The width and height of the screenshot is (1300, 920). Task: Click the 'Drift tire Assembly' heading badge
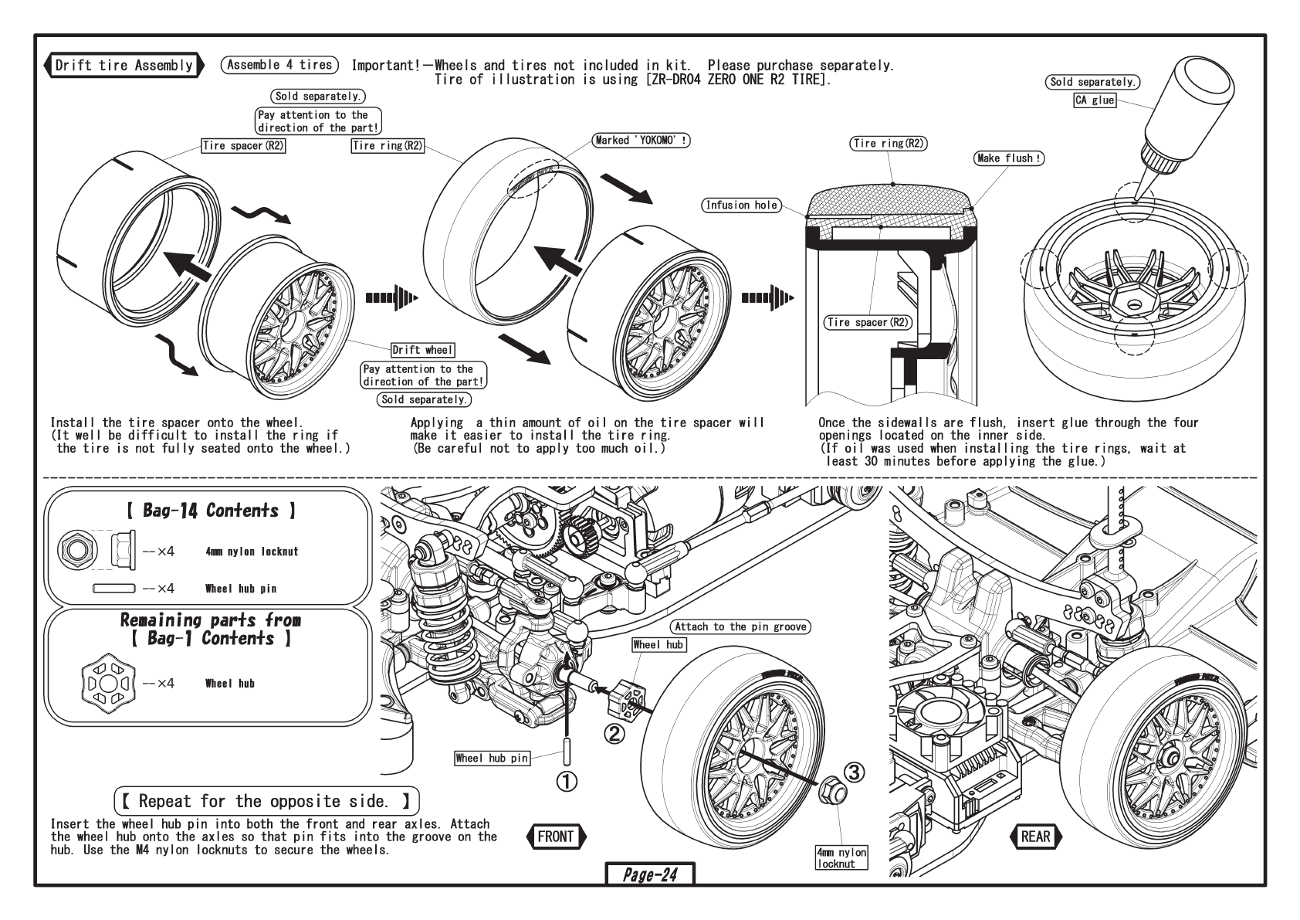tap(124, 65)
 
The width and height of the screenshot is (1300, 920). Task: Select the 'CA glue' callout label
tap(1095, 100)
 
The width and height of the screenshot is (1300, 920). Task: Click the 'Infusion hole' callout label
tap(741, 205)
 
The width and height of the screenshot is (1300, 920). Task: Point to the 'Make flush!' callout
tap(1010, 158)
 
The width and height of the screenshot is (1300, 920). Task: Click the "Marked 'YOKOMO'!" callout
tap(642, 141)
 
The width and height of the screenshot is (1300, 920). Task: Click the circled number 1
tap(567, 782)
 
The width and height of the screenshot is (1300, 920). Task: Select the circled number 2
tap(614, 733)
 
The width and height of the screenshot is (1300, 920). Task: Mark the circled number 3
tap(853, 771)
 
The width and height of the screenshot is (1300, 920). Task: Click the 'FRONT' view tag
tap(556, 836)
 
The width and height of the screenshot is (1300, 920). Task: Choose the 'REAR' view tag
tap(1035, 836)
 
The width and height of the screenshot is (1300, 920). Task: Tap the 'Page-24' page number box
tap(650, 874)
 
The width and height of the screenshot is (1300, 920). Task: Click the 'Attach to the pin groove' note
tap(740, 626)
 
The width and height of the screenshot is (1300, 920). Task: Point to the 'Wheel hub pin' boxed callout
tap(492, 759)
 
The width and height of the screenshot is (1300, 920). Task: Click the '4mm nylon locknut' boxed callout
tap(841, 857)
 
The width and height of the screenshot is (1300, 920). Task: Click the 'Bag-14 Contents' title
tap(210, 511)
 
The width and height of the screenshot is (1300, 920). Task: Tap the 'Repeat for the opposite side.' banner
tap(267, 801)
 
